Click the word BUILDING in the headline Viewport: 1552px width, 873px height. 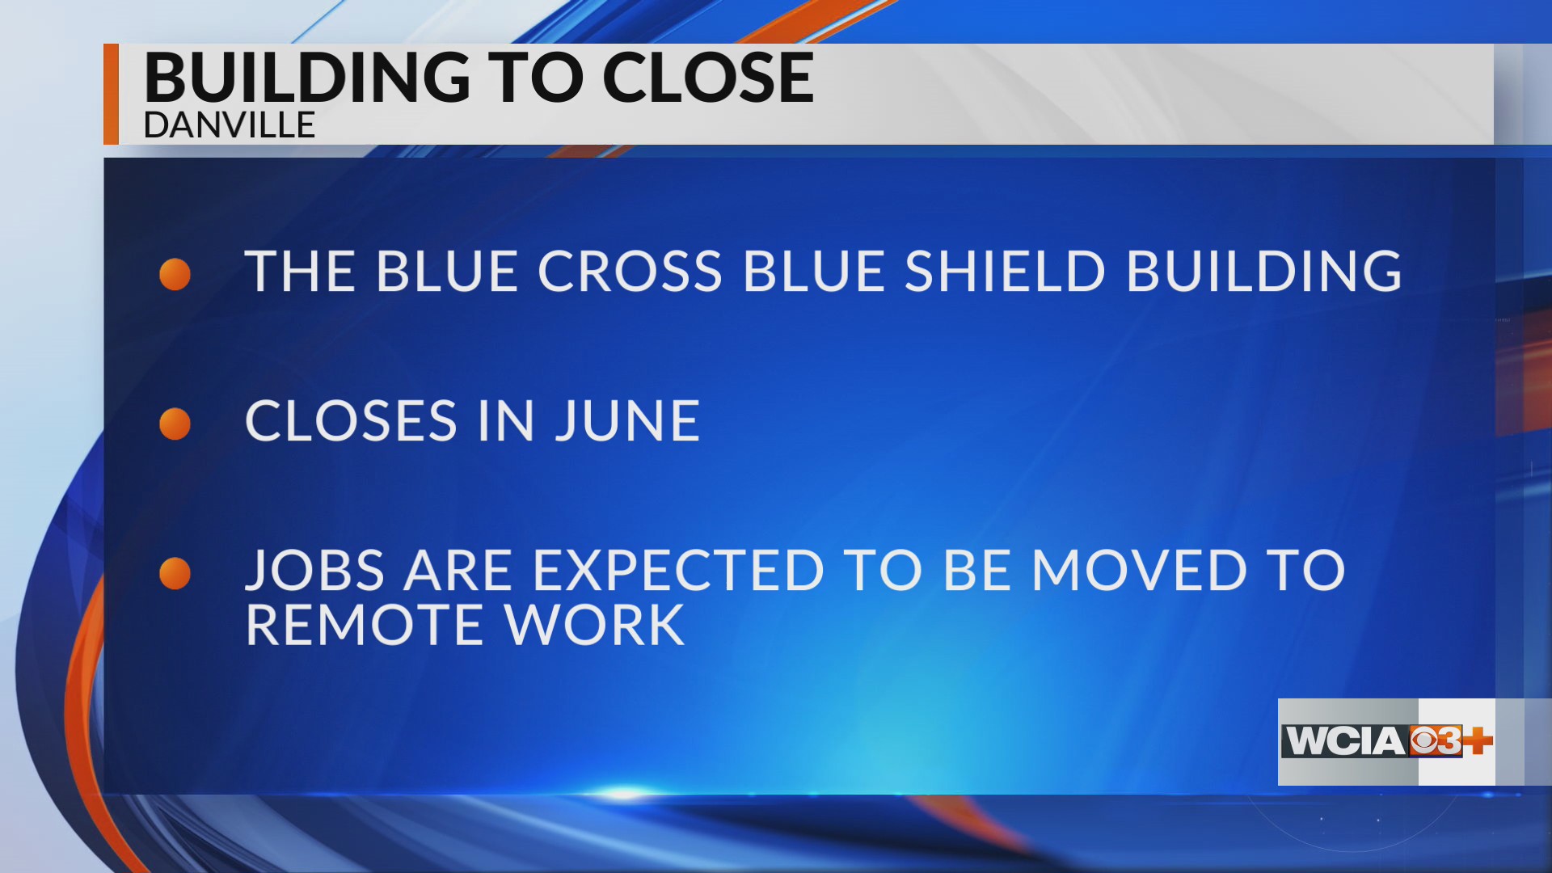click(306, 78)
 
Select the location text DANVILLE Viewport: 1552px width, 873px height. click(229, 125)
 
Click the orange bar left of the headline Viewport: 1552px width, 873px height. click(111, 94)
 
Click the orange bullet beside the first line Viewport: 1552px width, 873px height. click(175, 274)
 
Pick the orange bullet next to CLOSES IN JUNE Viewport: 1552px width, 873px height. click(175, 424)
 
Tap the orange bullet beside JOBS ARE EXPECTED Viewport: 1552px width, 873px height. click(175, 573)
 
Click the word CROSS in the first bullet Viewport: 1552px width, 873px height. click(630, 271)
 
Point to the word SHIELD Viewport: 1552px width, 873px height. click(1004, 271)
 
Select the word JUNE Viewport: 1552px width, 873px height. click(627, 421)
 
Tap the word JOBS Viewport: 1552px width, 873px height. click(314, 571)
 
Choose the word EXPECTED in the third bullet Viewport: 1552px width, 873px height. click(678, 571)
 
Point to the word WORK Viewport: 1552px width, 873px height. click(594, 626)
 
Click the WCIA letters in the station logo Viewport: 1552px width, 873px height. click(1345, 741)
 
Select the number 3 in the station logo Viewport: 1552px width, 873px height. click(1449, 741)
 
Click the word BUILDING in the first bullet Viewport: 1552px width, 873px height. click(1264, 271)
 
